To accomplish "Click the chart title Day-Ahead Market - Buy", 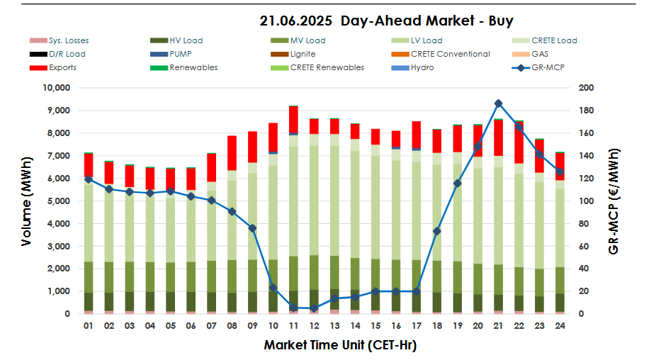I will (386, 21).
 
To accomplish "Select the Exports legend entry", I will (62, 67).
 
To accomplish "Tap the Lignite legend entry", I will (303, 54).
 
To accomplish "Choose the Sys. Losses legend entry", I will (69, 40).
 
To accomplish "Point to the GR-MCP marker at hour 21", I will (498, 103).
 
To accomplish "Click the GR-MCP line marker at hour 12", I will (314, 308).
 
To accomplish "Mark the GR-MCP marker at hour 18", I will (437, 231).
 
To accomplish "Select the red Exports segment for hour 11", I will (293, 118).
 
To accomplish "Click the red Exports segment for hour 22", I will (519, 142).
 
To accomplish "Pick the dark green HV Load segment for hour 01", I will (88, 301).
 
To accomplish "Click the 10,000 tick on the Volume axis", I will (56, 88).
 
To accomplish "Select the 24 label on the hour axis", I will (560, 326).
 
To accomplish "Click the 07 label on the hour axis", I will (211, 326).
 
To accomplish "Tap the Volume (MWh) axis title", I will (26, 201).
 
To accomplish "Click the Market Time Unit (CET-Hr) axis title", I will (339, 346).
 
